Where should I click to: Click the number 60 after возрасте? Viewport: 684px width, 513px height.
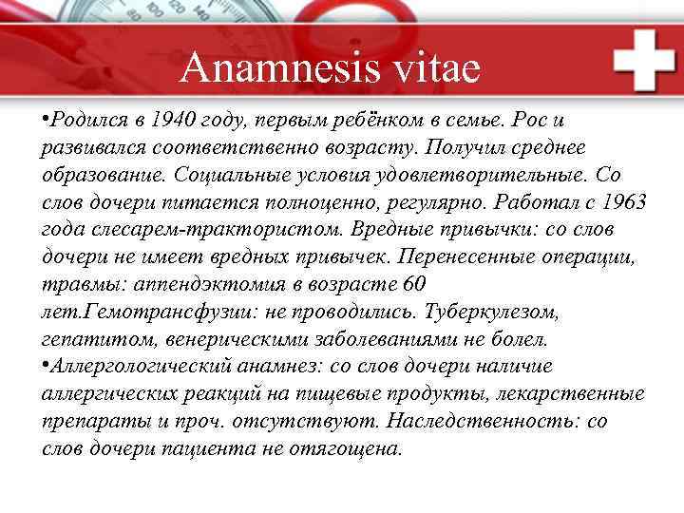414,284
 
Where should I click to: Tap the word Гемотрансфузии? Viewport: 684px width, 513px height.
155,312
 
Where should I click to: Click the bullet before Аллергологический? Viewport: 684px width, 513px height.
46,367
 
